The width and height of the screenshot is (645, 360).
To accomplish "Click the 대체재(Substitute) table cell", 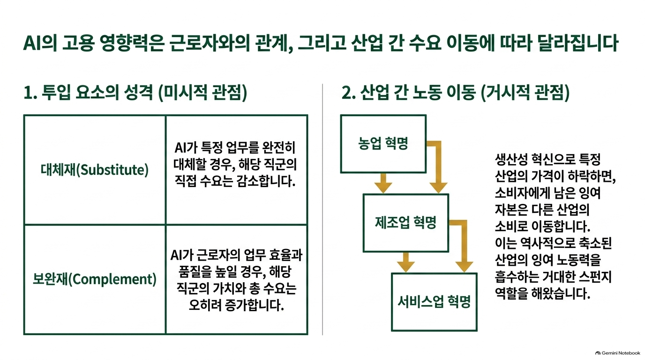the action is click(95, 170).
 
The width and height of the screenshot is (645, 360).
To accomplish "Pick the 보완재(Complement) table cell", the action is click(95, 279).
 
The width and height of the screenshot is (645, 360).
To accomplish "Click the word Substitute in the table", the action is click(114, 170).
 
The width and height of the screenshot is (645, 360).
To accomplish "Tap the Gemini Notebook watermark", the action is click(618, 353).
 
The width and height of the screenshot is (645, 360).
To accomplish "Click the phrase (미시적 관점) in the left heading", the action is click(202, 93).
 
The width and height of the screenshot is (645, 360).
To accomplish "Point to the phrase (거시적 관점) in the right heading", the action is click(525, 93).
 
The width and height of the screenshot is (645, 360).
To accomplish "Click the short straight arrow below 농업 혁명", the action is click(383, 183).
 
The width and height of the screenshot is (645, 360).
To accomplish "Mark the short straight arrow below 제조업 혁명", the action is click(406, 262).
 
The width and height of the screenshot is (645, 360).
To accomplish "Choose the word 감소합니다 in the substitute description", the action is click(266, 181).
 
